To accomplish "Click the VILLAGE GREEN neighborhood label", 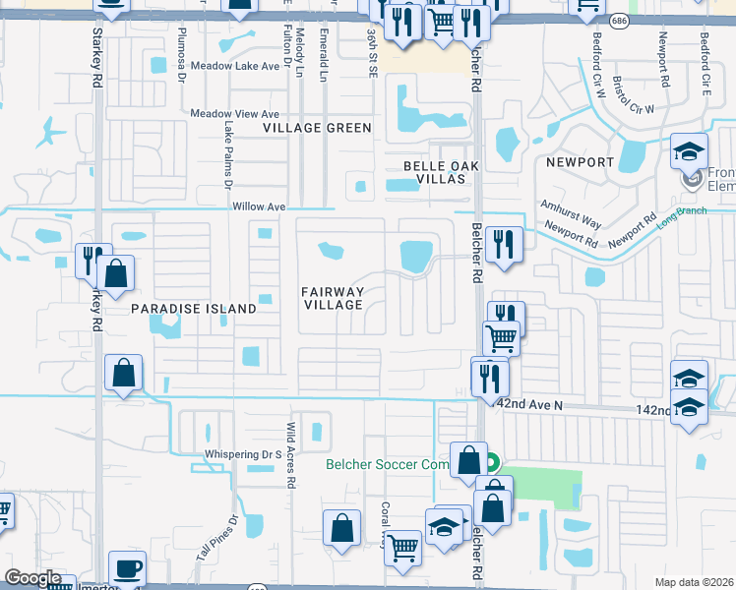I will (x=317, y=128).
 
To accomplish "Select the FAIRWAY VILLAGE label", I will (x=334, y=299).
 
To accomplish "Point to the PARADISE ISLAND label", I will (x=193, y=309).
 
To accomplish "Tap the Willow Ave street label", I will (x=259, y=207).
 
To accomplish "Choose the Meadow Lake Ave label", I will (x=235, y=66).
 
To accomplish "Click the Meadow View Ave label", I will (x=235, y=114).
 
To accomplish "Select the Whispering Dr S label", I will (x=243, y=454).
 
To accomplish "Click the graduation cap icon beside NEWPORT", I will (x=690, y=150).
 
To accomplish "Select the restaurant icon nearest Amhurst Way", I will (x=503, y=244).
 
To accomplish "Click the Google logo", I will (x=33, y=578).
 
